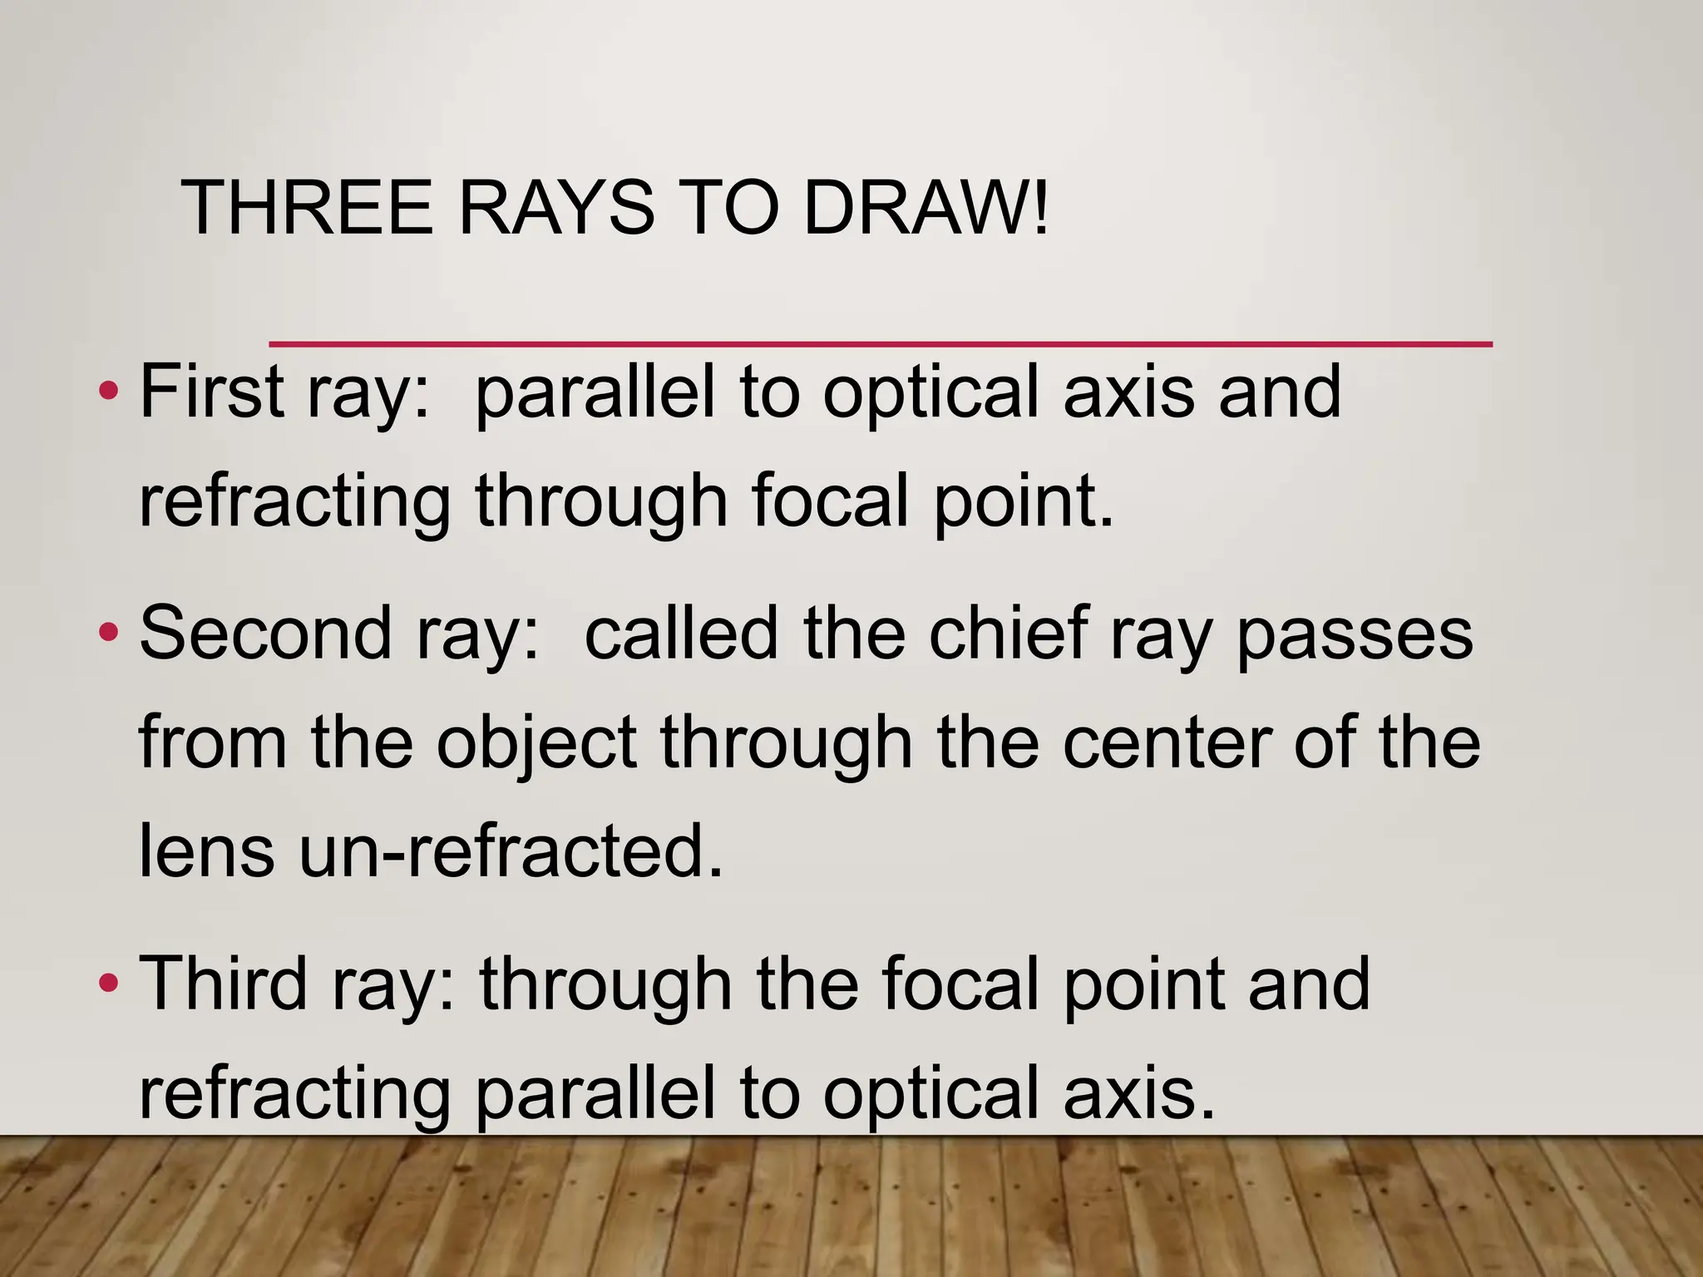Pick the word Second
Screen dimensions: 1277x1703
[x=264, y=634]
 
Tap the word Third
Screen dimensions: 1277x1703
[x=222, y=984]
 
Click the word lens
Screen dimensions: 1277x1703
[x=206, y=851]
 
